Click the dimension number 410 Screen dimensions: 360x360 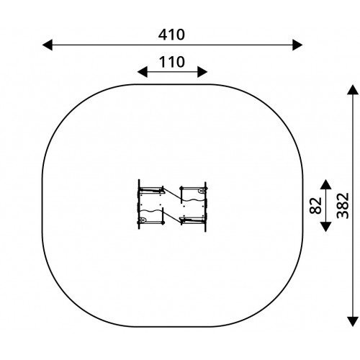(x=171, y=35)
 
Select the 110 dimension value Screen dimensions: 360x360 (x=172, y=62)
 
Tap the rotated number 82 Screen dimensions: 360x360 (x=315, y=205)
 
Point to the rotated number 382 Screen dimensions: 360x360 (x=343, y=206)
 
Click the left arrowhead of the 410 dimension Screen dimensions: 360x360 (x=48, y=45)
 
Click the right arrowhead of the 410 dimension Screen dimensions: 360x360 (x=297, y=45)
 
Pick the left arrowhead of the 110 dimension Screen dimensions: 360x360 (x=143, y=72)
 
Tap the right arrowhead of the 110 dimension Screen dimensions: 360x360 (x=202, y=72)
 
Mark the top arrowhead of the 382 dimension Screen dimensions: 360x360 (x=353, y=89)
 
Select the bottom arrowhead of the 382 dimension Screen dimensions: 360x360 (x=353, y=322)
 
